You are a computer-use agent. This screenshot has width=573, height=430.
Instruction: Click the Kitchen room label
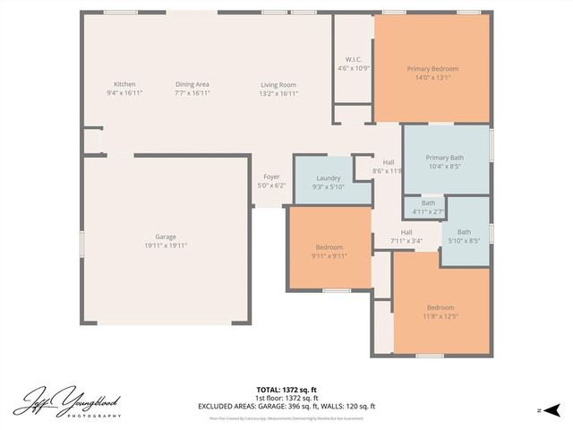[x=124, y=84]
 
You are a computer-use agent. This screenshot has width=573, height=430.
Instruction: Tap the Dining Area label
[x=192, y=84]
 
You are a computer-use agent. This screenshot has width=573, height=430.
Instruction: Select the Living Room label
[x=278, y=84]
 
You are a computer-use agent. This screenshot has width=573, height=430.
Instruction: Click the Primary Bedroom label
[x=432, y=69]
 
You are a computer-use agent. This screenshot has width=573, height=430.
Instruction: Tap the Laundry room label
[x=329, y=178]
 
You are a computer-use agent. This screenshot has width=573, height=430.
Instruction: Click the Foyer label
[x=270, y=177]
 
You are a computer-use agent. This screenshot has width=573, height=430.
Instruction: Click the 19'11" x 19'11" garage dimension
[x=166, y=245]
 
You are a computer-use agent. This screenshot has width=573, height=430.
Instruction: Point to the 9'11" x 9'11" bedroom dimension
[x=329, y=255]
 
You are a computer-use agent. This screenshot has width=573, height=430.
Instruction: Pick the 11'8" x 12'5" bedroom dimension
[x=440, y=315]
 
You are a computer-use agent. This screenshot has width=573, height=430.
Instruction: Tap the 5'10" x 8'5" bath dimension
[x=464, y=240]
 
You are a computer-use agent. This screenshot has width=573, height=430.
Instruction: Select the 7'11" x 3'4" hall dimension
[x=406, y=240]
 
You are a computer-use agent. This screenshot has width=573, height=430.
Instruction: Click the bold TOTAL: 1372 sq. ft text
[x=286, y=389]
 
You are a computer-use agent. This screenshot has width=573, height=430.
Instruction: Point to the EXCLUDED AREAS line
[x=286, y=406]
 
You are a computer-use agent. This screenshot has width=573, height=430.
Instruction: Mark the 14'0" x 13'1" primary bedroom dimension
[x=432, y=77]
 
